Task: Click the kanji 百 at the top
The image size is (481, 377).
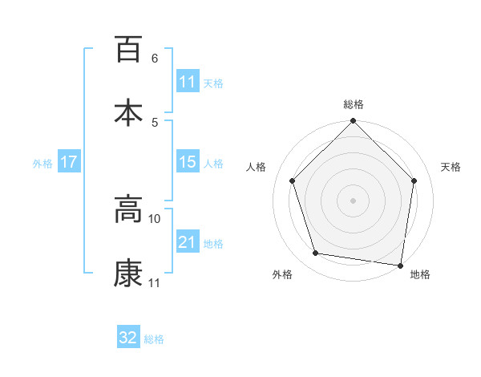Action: tap(128, 49)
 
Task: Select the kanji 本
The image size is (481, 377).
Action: tap(128, 111)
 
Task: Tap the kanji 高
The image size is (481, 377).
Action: tap(128, 209)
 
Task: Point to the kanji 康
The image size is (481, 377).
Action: tap(128, 273)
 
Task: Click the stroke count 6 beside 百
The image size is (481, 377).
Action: tap(155, 59)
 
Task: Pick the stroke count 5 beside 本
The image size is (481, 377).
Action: tap(155, 122)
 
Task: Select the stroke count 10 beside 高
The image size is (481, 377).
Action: tap(155, 218)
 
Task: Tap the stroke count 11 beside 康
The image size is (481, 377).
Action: tap(155, 282)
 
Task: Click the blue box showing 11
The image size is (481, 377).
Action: tap(188, 83)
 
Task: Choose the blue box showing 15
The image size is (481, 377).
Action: tap(188, 162)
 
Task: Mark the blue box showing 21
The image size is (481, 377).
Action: tap(188, 242)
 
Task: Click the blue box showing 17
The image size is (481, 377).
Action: tap(69, 162)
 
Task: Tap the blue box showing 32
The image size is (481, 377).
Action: tap(128, 338)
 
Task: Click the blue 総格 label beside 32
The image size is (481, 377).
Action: tap(155, 339)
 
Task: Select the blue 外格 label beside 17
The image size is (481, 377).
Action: tap(42, 164)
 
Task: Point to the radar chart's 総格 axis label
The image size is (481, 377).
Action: tap(353, 104)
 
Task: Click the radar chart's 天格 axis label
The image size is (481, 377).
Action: tap(451, 167)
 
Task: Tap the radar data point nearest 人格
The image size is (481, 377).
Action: tap(293, 180)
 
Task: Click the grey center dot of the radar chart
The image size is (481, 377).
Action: tap(353, 200)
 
